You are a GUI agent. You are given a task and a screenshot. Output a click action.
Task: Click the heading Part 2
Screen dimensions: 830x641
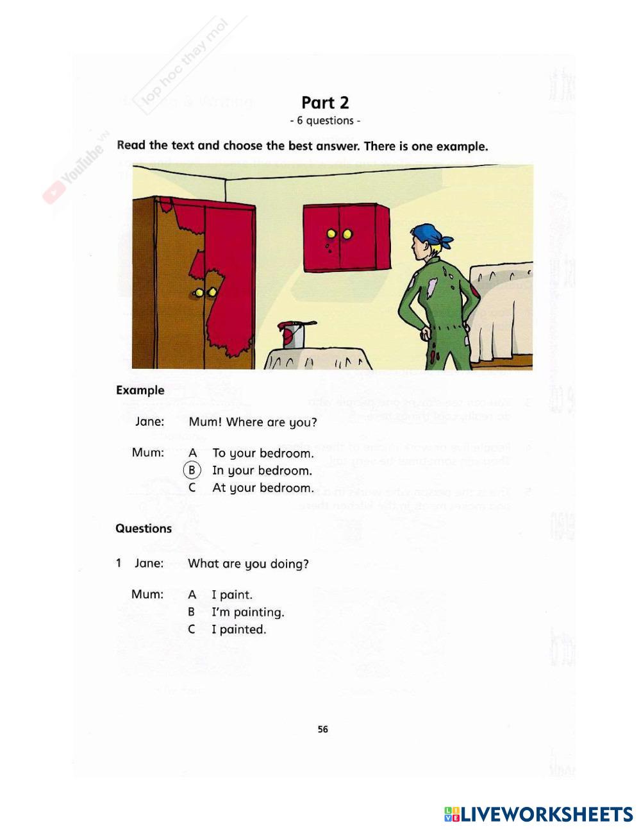coord(325,103)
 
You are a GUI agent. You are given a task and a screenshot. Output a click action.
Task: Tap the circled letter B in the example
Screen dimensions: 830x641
coord(192,470)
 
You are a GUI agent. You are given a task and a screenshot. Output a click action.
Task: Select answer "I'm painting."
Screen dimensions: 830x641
coord(247,612)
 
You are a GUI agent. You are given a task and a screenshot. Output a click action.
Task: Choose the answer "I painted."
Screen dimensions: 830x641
coord(238,629)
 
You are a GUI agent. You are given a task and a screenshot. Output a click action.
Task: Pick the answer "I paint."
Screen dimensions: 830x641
coord(231,595)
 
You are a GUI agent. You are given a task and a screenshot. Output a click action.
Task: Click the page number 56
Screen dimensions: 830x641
coord(322,729)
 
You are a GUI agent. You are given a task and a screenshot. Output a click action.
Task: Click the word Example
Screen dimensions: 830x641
coord(140,390)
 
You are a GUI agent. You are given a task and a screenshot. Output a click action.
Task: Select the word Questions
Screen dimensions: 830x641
coord(144,529)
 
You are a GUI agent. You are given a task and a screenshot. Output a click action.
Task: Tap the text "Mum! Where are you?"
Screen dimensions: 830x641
coord(253,422)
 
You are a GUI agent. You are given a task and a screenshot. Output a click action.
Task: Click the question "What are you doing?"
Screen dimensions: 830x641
coord(248,564)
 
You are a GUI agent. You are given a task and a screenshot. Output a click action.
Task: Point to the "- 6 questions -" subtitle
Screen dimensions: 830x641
coord(325,121)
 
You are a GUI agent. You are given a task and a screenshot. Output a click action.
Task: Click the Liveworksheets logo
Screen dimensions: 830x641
coord(538,814)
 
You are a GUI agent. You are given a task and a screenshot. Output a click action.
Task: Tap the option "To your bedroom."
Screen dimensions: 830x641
coord(263,453)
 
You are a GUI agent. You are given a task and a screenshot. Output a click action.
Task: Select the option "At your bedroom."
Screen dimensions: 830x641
coord(263,488)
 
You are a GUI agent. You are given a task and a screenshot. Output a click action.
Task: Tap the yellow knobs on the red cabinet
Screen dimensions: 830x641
coord(339,234)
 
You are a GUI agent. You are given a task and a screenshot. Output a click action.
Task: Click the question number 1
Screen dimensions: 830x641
coord(119,563)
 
